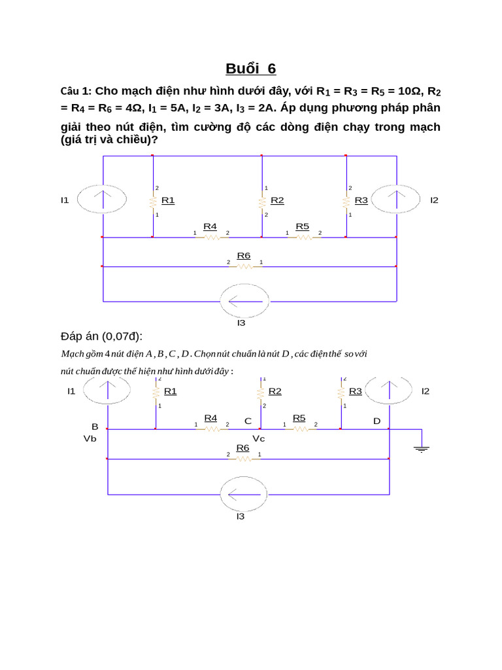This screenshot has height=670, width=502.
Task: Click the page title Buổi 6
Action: pos(251,69)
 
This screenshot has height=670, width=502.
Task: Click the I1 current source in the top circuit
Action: pos(102,198)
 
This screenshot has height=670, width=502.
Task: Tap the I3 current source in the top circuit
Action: pos(244,301)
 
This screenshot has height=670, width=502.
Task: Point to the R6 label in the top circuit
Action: pos(244,255)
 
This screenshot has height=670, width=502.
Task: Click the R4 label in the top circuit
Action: pos(210,226)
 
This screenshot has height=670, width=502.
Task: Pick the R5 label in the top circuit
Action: pos(302,226)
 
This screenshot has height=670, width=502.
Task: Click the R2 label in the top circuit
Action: pos(277,200)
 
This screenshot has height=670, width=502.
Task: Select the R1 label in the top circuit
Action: pos(168,200)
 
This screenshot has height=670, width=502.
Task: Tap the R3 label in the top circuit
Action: pos(361,200)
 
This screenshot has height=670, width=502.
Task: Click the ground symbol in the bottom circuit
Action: pos(422,448)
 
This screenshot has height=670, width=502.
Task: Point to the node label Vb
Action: pos(90,438)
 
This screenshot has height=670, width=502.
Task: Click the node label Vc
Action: pos(259,438)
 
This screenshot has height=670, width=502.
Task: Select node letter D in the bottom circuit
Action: pos(376,421)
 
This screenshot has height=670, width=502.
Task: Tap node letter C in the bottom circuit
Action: pos(248,421)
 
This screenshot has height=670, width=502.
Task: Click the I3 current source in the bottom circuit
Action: pos(244,494)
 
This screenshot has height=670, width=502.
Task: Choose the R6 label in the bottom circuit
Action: pos(243,448)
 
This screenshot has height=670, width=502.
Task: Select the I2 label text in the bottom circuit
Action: pos(426,391)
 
